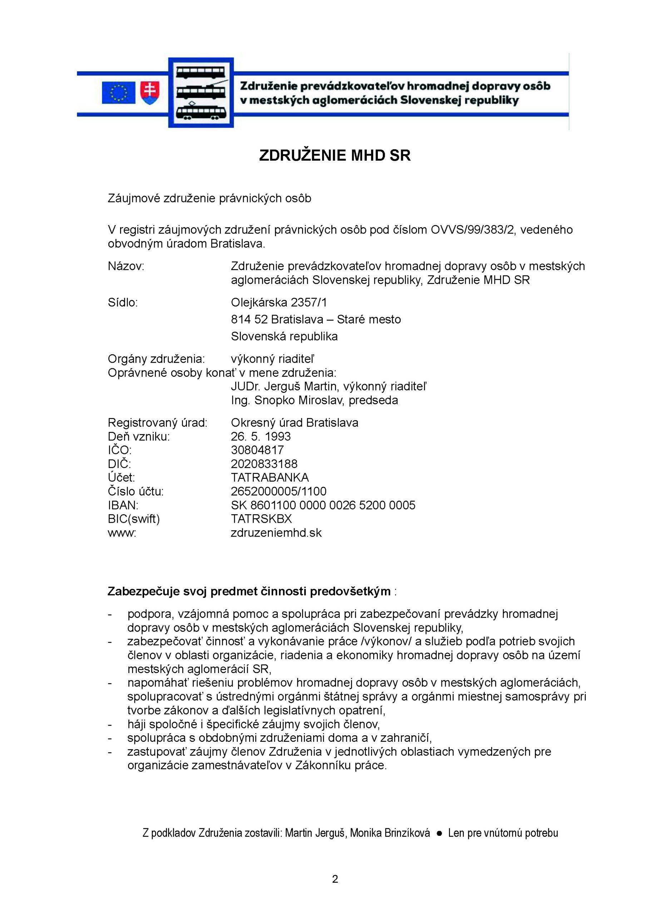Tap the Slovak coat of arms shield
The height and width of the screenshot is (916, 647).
(x=150, y=93)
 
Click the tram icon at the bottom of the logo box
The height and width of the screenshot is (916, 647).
(x=201, y=111)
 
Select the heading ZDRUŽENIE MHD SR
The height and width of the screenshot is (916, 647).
(x=335, y=156)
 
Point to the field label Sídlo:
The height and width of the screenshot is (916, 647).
(x=122, y=302)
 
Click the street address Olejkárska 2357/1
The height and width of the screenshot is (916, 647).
(x=279, y=302)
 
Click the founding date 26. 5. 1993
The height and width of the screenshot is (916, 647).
(x=261, y=436)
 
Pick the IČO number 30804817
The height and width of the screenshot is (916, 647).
(x=257, y=450)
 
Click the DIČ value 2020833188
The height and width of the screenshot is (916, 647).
(x=264, y=464)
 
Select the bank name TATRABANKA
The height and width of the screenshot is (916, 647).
(x=270, y=478)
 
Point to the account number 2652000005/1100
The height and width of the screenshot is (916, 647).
(x=278, y=491)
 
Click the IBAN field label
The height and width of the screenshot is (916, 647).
(x=123, y=505)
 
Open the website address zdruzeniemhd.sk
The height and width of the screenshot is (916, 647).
(x=276, y=533)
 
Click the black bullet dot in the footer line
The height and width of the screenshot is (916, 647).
(x=439, y=833)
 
